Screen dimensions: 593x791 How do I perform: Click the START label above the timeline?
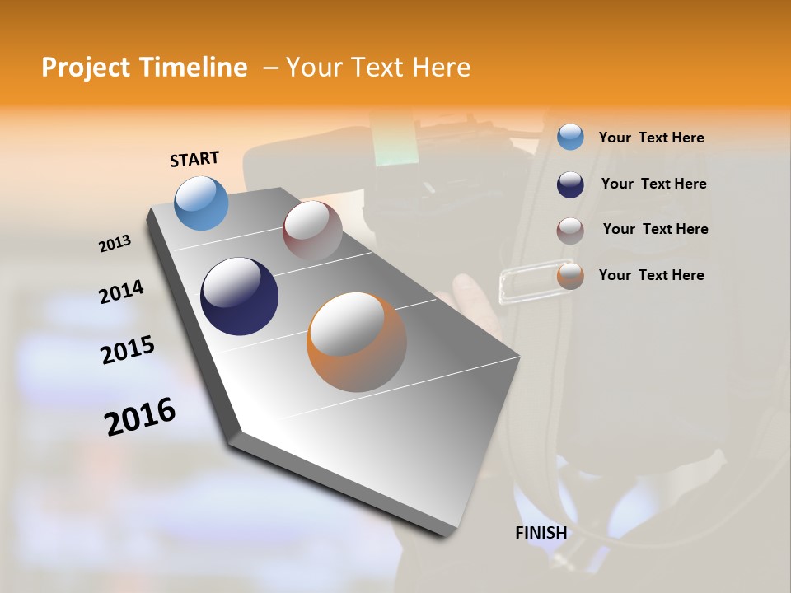(x=194, y=159)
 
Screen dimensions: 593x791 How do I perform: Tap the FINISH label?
(x=541, y=533)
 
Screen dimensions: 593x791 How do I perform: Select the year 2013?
(x=115, y=244)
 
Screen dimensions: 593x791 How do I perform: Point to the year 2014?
(x=121, y=292)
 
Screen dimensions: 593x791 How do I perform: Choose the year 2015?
(x=128, y=350)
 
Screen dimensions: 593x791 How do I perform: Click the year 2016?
(x=140, y=417)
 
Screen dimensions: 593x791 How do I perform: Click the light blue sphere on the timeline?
(x=202, y=203)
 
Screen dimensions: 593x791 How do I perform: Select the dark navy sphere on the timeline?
(x=239, y=296)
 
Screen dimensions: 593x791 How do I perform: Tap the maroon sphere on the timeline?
(x=312, y=231)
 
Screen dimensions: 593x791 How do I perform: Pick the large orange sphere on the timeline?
(x=357, y=342)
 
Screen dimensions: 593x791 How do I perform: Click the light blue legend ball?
(x=570, y=137)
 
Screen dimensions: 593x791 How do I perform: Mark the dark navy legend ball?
(x=570, y=184)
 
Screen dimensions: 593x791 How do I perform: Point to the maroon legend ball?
(x=570, y=231)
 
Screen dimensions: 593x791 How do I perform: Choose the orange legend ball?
(x=570, y=276)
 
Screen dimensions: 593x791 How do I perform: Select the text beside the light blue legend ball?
(x=651, y=138)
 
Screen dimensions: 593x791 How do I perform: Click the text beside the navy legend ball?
(x=653, y=184)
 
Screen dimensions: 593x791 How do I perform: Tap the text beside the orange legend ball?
(x=651, y=275)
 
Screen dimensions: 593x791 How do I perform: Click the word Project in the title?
(x=87, y=68)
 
